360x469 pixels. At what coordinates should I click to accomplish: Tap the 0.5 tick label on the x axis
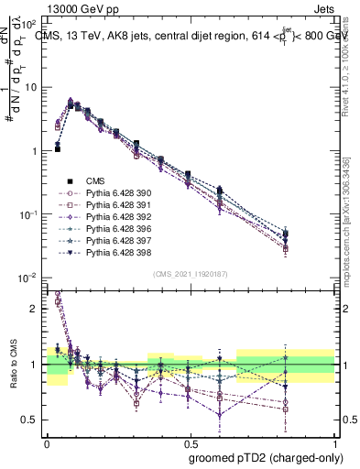tap(190, 441)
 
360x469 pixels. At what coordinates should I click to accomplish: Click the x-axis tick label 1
tap(335, 441)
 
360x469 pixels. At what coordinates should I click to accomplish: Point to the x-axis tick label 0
tap(47, 441)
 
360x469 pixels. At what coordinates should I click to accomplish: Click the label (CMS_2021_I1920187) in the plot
tap(191, 274)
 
